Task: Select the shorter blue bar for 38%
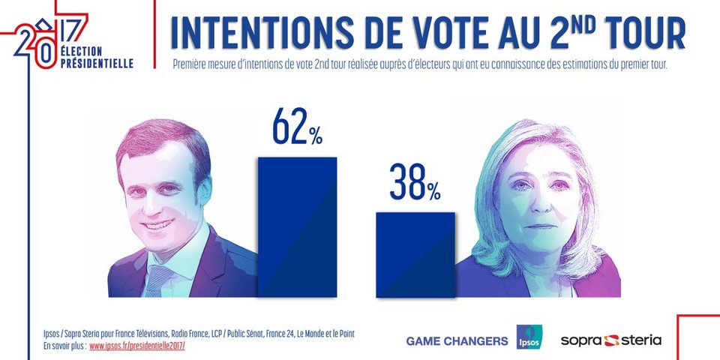click(415, 254)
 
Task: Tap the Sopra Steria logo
click(611, 340)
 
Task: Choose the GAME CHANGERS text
click(457, 341)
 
